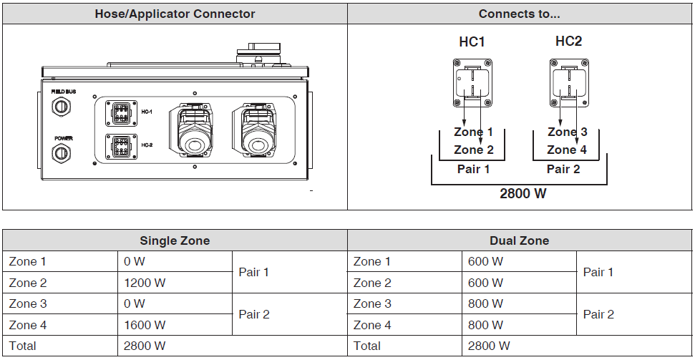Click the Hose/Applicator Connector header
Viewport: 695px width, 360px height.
tap(175, 14)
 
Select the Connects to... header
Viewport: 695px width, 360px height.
tap(520, 14)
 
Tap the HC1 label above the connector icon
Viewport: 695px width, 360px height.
tap(472, 42)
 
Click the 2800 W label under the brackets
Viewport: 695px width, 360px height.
tap(524, 193)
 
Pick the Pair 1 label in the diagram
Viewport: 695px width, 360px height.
tap(473, 170)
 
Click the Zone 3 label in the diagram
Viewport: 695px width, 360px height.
tap(567, 132)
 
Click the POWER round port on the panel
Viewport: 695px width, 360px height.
tap(62, 152)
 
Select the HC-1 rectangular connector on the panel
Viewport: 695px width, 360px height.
tap(120, 113)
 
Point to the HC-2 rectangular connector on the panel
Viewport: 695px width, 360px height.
tap(120, 147)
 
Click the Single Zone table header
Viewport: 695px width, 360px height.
tap(175, 240)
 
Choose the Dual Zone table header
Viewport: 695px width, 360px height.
tap(520, 240)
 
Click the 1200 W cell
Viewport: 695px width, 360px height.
tap(145, 283)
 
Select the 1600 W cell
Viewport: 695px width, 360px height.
tap(145, 325)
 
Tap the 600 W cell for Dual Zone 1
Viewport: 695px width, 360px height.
tap(485, 262)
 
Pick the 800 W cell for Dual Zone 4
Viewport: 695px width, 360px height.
tap(485, 325)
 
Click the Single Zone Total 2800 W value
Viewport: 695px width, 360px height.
tap(145, 346)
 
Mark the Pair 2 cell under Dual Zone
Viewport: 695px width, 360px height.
tap(598, 314)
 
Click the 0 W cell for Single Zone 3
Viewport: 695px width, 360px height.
tap(135, 303)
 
